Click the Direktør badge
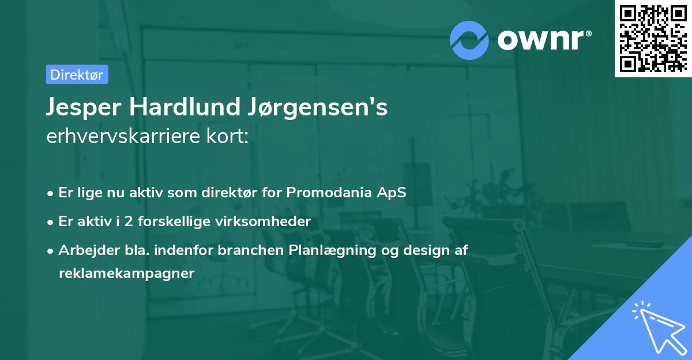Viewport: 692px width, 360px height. click(x=77, y=74)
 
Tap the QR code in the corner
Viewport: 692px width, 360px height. click(x=653, y=38)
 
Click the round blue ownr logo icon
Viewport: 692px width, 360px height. click(x=469, y=40)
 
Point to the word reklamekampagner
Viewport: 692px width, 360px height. click(x=126, y=273)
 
